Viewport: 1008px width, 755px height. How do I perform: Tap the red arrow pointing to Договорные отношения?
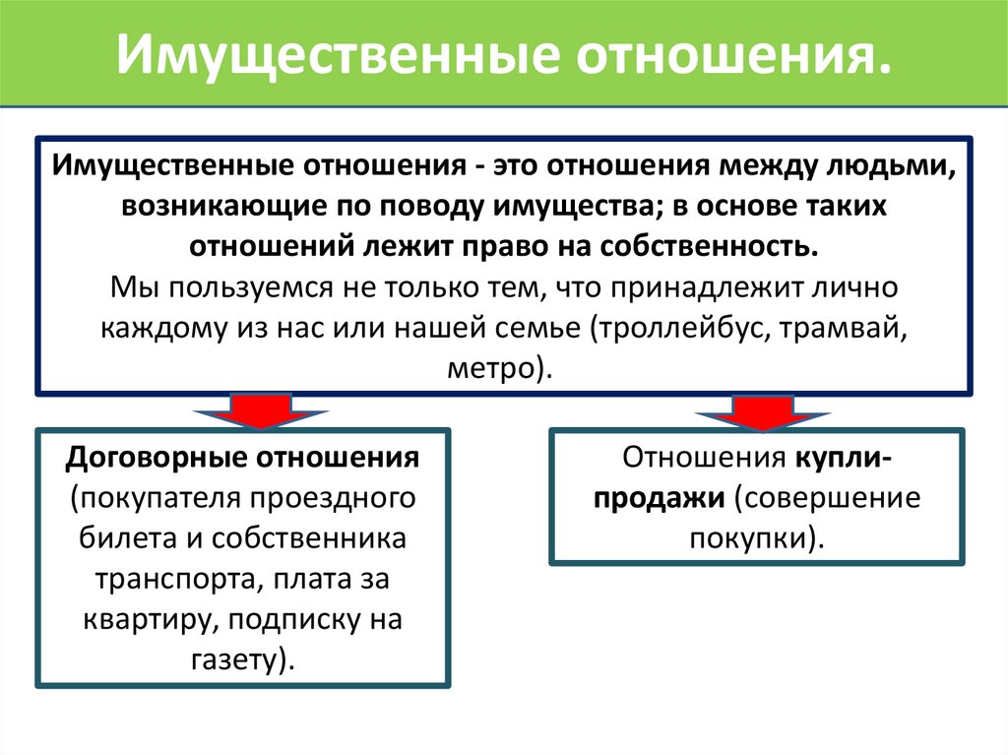click(260, 411)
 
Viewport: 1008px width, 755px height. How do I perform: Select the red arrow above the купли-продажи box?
click(763, 412)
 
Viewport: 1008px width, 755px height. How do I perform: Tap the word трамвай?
click(844, 328)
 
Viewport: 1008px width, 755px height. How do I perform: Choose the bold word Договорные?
click(156, 458)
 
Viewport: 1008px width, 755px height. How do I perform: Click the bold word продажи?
click(659, 498)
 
